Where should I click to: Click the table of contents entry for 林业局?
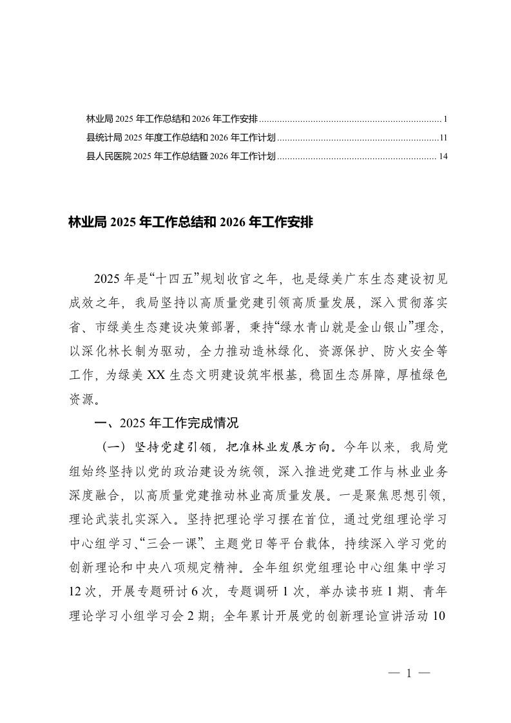pyautogui.click(x=172, y=119)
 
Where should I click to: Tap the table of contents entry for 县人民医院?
pyautogui.click(x=181, y=155)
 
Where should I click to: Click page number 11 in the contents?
pyautogui.click(x=443, y=137)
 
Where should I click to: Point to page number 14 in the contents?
pyautogui.click(x=441, y=155)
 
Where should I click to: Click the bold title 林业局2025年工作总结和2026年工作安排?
pyautogui.click(x=191, y=223)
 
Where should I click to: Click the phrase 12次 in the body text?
pyautogui.click(x=81, y=590)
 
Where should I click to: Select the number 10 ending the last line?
pyautogui.click(x=440, y=614)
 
